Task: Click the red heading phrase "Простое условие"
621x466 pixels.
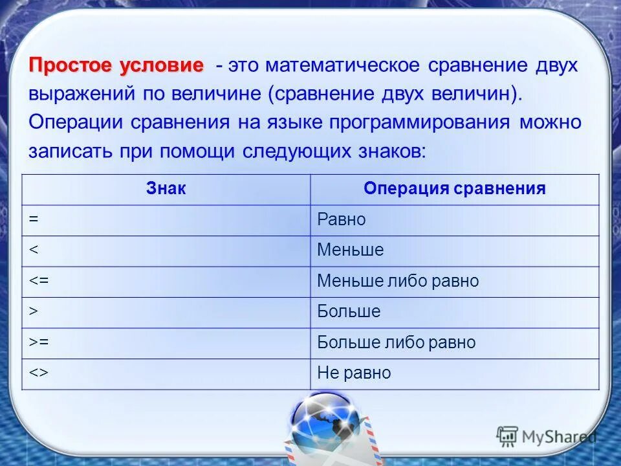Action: point(116,66)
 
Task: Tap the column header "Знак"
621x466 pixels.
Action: point(166,189)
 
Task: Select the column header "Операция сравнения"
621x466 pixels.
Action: point(454,189)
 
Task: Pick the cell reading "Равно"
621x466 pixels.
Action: point(341,220)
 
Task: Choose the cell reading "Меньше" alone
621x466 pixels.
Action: point(350,250)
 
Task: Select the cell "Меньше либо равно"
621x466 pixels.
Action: point(398,282)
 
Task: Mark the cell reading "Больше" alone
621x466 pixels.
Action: point(349,312)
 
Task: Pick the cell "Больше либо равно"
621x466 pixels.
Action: point(396,342)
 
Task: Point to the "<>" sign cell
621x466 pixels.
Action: point(37,373)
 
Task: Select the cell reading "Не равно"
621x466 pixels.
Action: point(354,373)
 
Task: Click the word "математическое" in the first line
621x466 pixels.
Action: point(343,66)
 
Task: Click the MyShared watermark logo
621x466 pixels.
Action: point(547,437)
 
